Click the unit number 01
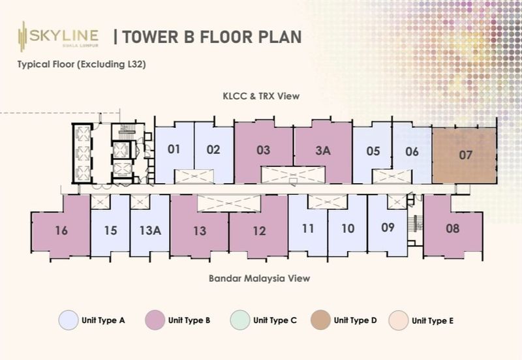(174, 149)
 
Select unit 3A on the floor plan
(323, 151)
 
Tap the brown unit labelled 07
(465, 155)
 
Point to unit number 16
(61, 230)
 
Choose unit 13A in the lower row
(150, 230)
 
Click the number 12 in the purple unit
(259, 231)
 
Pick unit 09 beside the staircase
(388, 227)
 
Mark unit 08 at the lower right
(453, 228)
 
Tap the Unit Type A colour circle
(69, 320)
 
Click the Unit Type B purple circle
(155, 320)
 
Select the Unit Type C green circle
(239, 320)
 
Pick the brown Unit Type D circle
(320, 320)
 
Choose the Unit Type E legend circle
(399, 320)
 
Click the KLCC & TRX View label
(261, 96)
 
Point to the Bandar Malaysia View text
(259, 278)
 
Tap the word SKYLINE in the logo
(64, 35)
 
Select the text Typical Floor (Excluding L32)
(82, 64)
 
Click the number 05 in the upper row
(373, 151)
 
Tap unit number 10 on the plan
(348, 228)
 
